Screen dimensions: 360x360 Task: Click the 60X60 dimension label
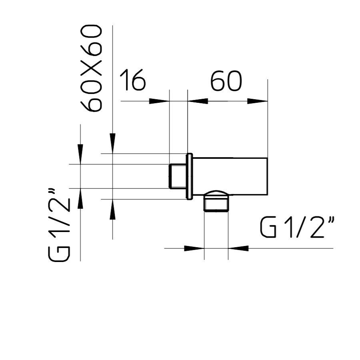[91, 68]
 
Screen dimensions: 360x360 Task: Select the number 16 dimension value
[132, 80]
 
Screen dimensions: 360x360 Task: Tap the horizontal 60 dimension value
[226, 81]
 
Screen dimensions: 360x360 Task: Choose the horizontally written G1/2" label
[297, 227]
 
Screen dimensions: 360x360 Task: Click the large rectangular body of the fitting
[230, 176]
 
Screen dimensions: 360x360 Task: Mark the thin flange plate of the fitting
[189, 176]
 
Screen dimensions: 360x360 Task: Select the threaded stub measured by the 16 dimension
[178, 176]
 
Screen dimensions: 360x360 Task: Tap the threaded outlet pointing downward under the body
[216, 203]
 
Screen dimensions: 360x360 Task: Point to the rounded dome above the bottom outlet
[216, 193]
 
